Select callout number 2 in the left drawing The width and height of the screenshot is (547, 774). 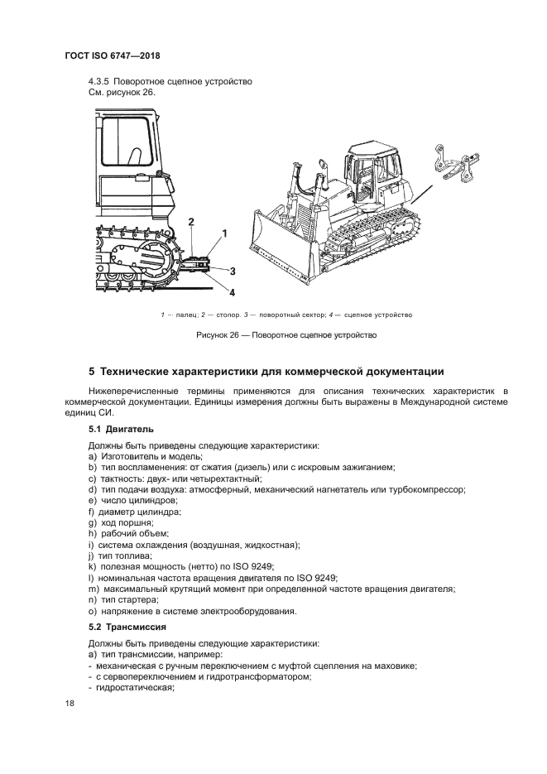pyautogui.click(x=191, y=222)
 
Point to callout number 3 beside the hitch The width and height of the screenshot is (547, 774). pyautogui.click(x=233, y=271)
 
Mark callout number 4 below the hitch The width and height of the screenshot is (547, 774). pyautogui.click(x=232, y=291)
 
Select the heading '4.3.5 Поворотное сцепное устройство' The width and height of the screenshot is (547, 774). pyautogui.click(x=170, y=81)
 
